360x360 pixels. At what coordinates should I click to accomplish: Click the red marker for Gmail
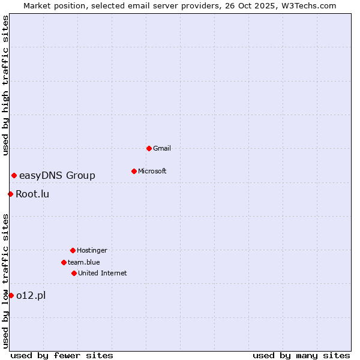pos(149,148)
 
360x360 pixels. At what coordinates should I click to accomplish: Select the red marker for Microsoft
pos(134,171)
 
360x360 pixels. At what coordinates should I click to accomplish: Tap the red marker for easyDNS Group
pos(14,175)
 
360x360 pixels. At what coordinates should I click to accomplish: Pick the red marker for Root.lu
pos(10,194)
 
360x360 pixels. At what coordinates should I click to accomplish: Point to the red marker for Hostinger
pos(73,250)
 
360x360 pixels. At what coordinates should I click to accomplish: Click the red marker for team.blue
pos(64,262)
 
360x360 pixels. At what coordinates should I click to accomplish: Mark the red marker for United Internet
pos(74,273)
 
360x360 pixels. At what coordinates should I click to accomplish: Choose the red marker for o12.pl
pos(11,295)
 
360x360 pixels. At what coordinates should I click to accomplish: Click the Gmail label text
pos(162,148)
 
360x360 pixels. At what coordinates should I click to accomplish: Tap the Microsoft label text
pos(152,171)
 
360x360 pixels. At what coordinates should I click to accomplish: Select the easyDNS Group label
pos(57,175)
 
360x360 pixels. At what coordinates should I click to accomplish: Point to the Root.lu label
pos(32,194)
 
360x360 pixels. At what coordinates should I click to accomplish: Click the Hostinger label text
pos(92,250)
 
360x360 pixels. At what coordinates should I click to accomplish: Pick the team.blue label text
pos(84,262)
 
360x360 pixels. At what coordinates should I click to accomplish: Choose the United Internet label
pos(103,273)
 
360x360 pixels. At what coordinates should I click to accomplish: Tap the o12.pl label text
pos(31,295)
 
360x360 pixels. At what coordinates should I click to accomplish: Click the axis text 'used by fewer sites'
pos(62,355)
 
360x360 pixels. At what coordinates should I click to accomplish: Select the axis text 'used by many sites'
pos(301,355)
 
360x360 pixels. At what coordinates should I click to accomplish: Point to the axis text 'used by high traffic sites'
pos(5,85)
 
